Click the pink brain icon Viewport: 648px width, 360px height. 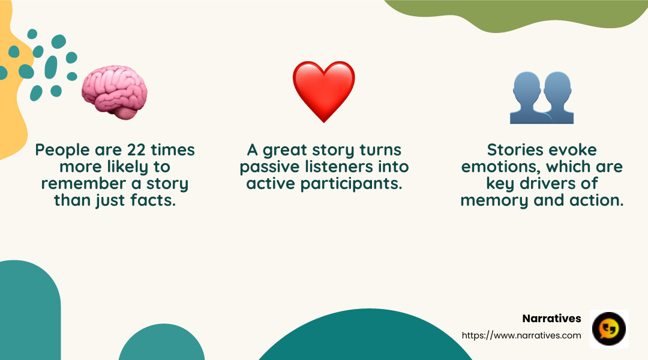point(115,92)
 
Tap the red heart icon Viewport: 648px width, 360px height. point(323,91)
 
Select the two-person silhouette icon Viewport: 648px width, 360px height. point(541,97)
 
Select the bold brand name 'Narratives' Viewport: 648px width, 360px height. point(551,319)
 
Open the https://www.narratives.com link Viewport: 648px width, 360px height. point(521,335)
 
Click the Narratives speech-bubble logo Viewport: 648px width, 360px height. point(609,329)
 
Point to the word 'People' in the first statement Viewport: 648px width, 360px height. point(59,150)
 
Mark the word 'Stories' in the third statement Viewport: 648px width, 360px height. point(514,150)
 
